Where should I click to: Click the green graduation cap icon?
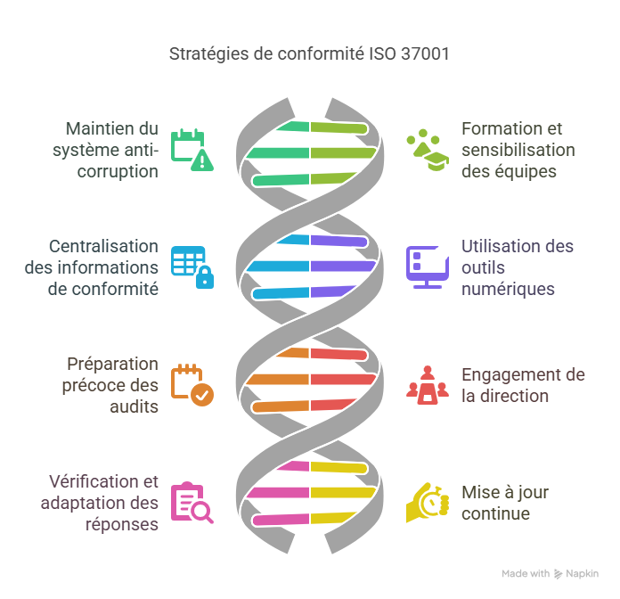428,149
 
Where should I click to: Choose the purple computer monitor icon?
428,267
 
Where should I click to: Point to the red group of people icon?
428,384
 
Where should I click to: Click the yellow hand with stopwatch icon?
428,502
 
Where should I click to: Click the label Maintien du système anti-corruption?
110,149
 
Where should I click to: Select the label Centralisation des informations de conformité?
103,267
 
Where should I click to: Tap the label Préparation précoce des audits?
112,384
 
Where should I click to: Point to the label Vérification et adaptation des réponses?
100,502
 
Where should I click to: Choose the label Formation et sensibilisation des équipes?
518,149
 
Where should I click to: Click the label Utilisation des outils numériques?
518,267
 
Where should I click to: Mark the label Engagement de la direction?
523,384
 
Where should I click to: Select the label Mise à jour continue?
505,502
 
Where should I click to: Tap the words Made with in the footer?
526,574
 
